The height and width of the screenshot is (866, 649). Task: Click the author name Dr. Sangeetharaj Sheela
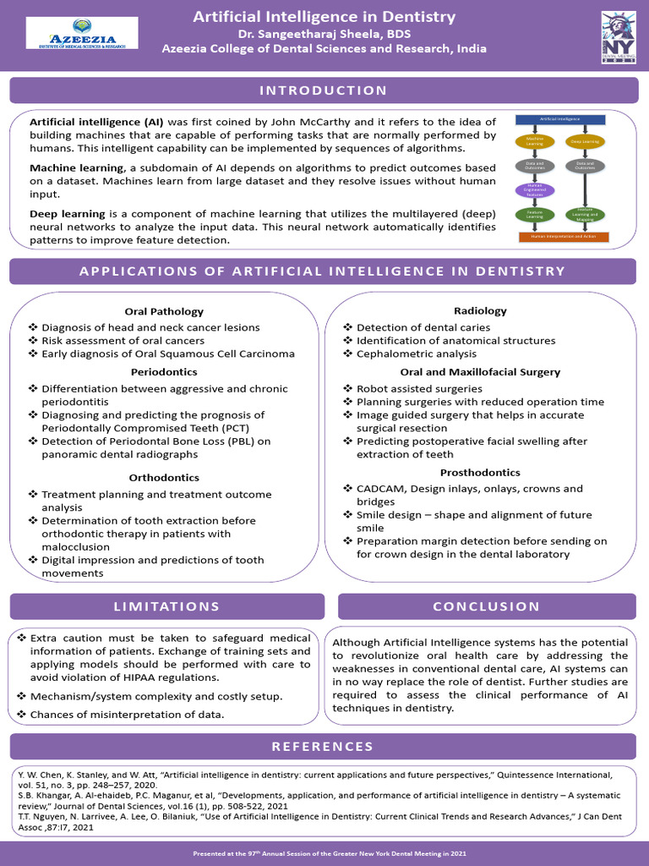pos(324,33)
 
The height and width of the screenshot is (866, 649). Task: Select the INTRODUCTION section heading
pos(323,90)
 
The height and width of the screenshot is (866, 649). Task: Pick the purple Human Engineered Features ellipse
pos(535,189)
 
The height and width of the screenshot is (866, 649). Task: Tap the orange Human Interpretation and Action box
pos(564,237)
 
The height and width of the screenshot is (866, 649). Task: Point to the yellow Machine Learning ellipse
pos(535,142)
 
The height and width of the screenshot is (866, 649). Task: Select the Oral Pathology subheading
pos(164,311)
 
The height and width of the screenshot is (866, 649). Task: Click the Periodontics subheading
pos(164,371)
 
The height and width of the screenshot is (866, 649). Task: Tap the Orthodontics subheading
pos(164,478)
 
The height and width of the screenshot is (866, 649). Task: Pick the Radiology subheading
pos(480,310)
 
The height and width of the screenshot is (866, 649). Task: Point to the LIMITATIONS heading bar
pos(167,606)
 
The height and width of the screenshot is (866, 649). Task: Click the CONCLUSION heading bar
pos(487,606)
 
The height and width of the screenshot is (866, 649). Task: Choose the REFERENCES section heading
pos(323,746)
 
